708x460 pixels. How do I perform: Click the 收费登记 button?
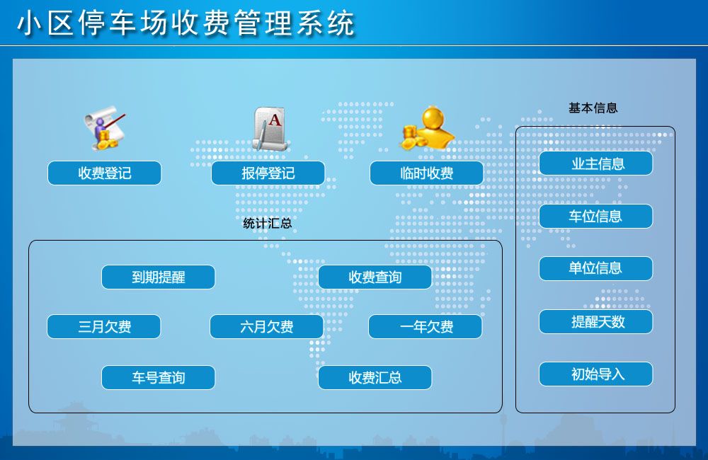104,173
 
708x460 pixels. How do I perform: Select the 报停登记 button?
268,173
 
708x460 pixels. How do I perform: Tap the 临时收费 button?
426,173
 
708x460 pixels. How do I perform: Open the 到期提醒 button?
158,277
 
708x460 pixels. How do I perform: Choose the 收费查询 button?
375,277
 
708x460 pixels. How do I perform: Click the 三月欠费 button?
104,326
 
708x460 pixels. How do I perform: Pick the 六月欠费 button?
266,326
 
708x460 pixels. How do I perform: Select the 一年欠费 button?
426,326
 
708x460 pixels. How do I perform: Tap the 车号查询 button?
158,377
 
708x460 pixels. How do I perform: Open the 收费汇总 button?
375,377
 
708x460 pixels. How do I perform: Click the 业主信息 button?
596,163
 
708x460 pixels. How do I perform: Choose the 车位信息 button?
596,217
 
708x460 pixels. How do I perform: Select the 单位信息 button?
596,268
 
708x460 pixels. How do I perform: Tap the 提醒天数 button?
596,321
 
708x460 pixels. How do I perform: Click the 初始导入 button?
596,374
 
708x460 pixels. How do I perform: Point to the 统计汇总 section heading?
268,223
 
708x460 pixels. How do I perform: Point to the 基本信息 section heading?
593,108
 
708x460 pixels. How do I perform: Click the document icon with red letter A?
270,129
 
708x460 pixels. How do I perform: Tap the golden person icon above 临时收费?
427,128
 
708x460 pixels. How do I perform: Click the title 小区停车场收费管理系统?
186,23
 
